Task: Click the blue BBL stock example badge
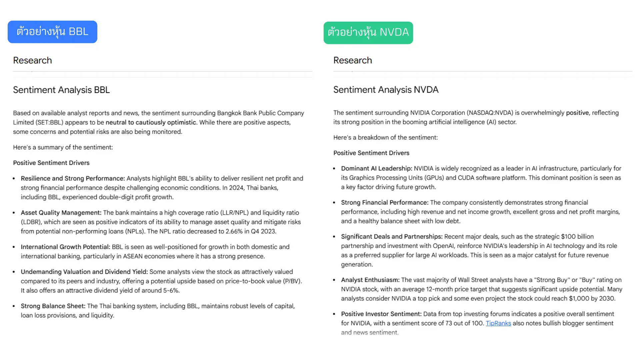pyautogui.click(x=52, y=32)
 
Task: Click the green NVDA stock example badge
pyautogui.click(x=368, y=33)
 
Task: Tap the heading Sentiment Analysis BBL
pyautogui.click(x=61, y=90)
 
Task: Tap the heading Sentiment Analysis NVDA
pyautogui.click(x=386, y=90)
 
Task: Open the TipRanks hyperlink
pyautogui.click(x=498, y=323)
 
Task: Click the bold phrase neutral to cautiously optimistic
pyautogui.click(x=151, y=122)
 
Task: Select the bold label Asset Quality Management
pyautogui.click(x=61, y=213)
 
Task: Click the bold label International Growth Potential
pyautogui.click(x=65, y=247)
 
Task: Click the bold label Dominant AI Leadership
pyautogui.click(x=377, y=168)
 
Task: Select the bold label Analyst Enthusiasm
pyautogui.click(x=370, y=280)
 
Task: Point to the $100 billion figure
pyautogui.click(x=577, y=236)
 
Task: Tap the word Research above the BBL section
pyautogui.click(x=32, y=60)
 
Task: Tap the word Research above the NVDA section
pyautogui.click(x=353, y=60)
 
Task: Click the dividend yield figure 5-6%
pyautogui.click(x=171, y=290)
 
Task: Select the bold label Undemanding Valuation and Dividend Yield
pyautogui.click(x=84, y=272)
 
